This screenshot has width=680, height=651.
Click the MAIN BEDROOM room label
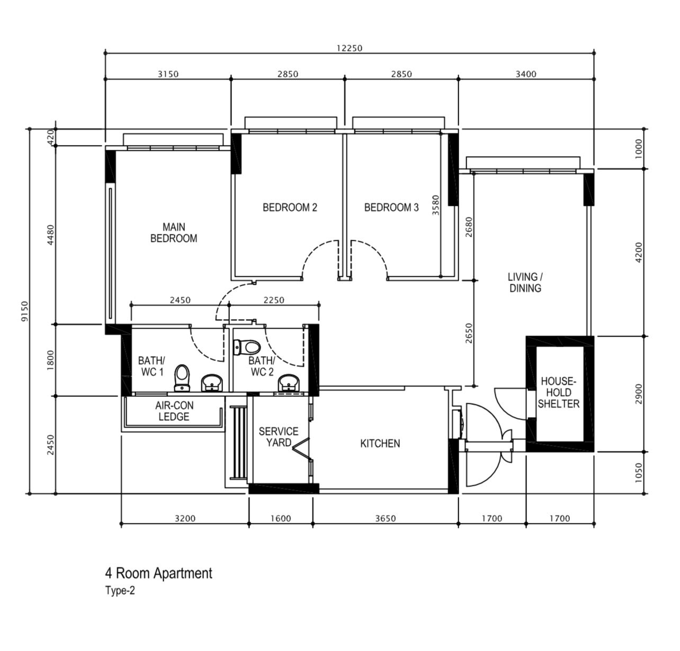[174, 233]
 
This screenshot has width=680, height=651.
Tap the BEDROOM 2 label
[290, 207]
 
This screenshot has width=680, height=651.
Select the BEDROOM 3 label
[391, 207]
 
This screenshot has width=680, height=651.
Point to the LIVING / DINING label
[525, 283]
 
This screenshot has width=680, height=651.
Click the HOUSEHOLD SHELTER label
[559, 393]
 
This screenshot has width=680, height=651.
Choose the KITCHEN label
[380, 444]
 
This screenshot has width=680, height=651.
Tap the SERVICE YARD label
[278, 437]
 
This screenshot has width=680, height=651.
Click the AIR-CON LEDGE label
[174, 411]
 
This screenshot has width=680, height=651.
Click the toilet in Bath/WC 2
[247, 348]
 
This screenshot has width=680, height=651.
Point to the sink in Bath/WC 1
[213, 382]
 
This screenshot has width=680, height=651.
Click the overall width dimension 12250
[350, 48]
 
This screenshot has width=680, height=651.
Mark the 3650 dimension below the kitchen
[385, 519]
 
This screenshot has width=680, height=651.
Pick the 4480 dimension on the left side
[51, 234]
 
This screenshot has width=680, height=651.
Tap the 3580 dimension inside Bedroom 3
[436, 205]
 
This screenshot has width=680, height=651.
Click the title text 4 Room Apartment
[158, 573]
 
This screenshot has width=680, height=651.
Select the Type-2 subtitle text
[120, 591]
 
